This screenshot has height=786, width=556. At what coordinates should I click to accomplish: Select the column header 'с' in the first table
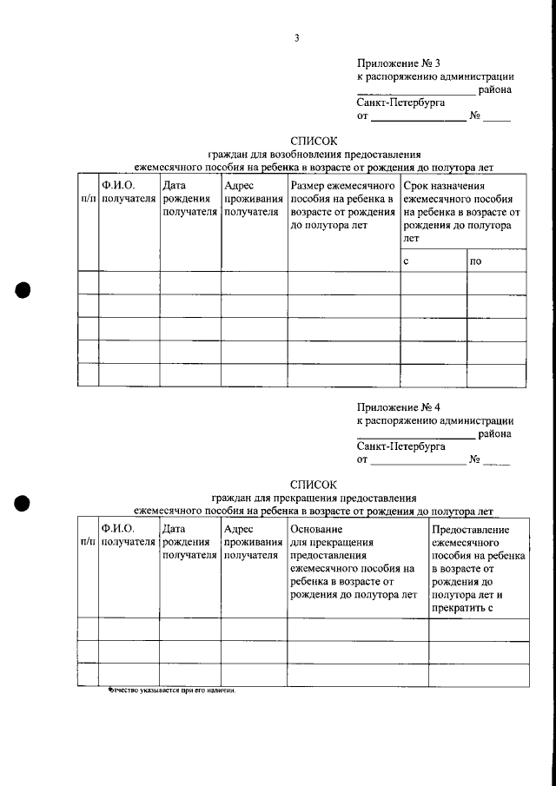(407, 261)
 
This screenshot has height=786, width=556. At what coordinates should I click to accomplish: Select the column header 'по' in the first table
(475, 261)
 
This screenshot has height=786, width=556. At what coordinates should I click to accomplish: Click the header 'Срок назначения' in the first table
(444, 185)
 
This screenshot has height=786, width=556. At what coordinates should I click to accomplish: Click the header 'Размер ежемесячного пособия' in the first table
(342, 185)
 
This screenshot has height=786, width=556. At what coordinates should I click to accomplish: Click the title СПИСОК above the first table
(312, 140)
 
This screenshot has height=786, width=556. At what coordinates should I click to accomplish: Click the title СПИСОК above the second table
(312, 484)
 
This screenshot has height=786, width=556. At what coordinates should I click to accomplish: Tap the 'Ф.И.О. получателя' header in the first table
(128, 191)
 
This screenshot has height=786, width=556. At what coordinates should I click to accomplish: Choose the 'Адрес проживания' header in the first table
(248, 191)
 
